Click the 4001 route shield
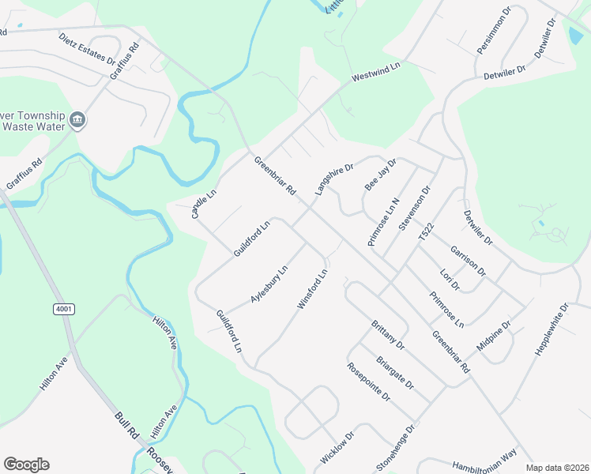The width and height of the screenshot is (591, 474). click(64, 309)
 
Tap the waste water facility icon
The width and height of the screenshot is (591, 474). click(77, 120)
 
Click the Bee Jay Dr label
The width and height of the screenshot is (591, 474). click(379, 174)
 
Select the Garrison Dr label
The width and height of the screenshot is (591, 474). click(469, 261)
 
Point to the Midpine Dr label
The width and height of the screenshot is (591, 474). click(495, 337)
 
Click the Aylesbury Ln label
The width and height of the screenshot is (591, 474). click(269, 284)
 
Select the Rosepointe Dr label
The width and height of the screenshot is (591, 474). click(369, 382)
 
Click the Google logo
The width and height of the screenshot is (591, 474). click(26, 465)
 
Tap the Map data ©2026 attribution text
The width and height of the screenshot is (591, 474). click(556, 468)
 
